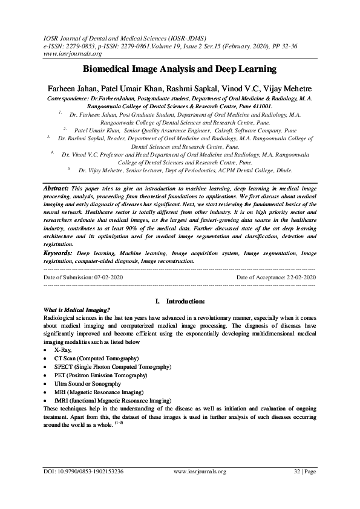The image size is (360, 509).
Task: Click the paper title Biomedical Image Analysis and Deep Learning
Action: (x=180, y=70)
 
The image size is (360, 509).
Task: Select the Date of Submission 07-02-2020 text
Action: (x=83, y=276)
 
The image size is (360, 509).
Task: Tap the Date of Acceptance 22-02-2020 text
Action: (x=277, y=276)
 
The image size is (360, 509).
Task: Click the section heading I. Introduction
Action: (x=180, y=300)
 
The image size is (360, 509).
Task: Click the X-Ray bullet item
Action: (x=63, y=350)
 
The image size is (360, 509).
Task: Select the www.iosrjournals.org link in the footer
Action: (x=200, y=471)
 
